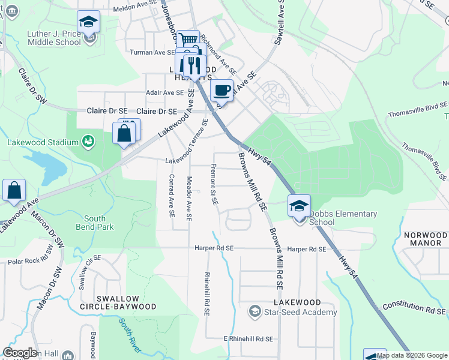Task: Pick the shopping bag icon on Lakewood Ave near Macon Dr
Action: pyautogui.click(x=14, y=191)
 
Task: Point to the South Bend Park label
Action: pyautogui.click(x=91, y=223)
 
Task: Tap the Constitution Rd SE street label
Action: pyautogui.click(x=414, y=309)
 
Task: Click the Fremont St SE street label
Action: pyautogui.click(x=214, y=184)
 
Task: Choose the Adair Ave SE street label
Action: pyautogui.click(x=165, y=92)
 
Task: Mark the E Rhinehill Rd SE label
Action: pyautogui.click(x=248, y=339)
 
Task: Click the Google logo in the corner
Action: pyautogui.click(x=20, y=353)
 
